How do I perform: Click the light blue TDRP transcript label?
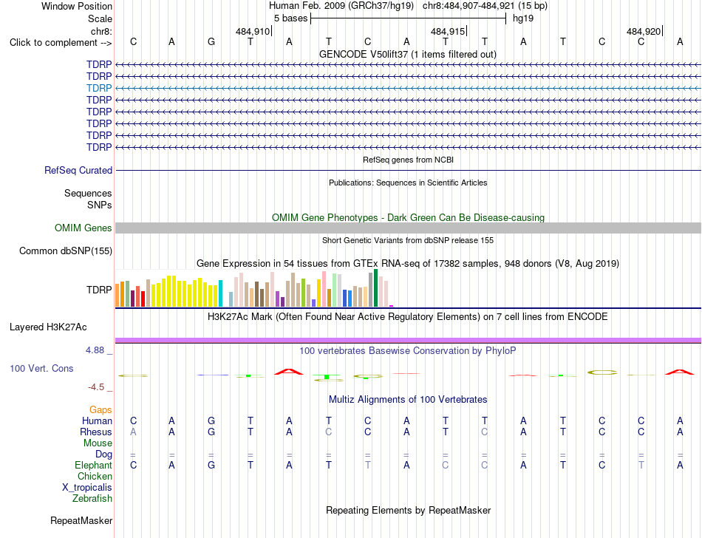pyautogui.click(x=99, y=88)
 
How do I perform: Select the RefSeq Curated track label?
pyautogui.click(x=78, y=170)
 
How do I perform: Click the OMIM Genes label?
pyautogui.click(x=84, y=228)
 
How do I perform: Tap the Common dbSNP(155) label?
pyautogui.click(x=66, y=251)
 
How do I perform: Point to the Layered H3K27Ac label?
pyautogui.click(x=48, y=327)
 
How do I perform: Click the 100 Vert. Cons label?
pyautogui.click(x=41, y=368)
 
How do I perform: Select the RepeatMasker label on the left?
pyautogui.click(x=81, y=520)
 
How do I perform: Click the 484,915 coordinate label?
pyautogui.click(x=447, y=31)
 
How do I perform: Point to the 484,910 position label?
pyautogui.click(x=253, y=31)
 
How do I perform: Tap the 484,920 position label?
pyautogui.click(x=644, y=31)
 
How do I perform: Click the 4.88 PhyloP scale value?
pyautogui.click(x=95, y=350)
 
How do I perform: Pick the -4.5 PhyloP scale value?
pyautogui.click(x=96, y=387)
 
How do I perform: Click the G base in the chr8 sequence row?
pyautogui.click(x=211, y=42)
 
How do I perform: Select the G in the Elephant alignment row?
pyautogui.click(x=211, y=466)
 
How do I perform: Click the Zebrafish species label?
pyautogui.click(x=92, y=498)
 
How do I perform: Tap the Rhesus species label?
pyautogui.click(x=96, y=432)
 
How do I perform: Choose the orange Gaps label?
pyautogui.click(x=100, y=410)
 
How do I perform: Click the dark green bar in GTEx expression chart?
pyautogui.click(x=376, y=287)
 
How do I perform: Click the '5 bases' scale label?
pyautogui.click(x=291, y=18)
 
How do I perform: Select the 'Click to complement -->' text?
pyautogui.click(x=61, y=43)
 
